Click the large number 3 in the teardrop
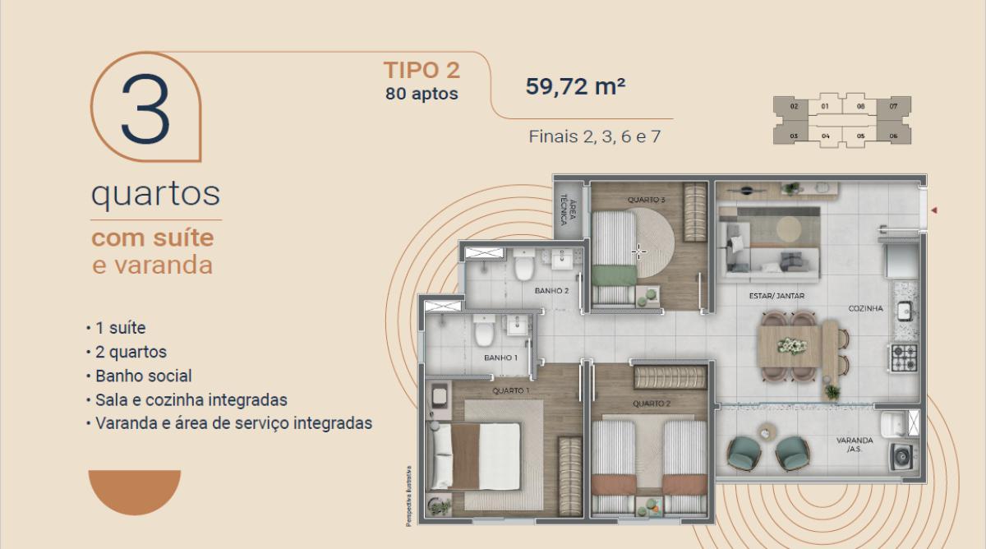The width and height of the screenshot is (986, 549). (145, 111)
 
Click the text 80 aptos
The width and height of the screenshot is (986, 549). (422, 94)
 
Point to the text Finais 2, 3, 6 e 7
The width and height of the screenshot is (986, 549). (594, 136)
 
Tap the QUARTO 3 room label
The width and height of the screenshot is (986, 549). (646, 200)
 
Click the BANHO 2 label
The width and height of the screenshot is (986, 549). (551, 290)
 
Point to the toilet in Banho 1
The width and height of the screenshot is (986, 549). (483, 333)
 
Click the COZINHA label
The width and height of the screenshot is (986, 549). (866, 309)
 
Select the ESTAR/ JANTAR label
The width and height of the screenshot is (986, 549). (776, 296)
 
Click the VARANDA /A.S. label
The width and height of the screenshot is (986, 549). (855, 445)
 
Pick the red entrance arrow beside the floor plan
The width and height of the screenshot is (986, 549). (934, 211)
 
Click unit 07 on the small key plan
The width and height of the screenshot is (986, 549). (893, 107)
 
